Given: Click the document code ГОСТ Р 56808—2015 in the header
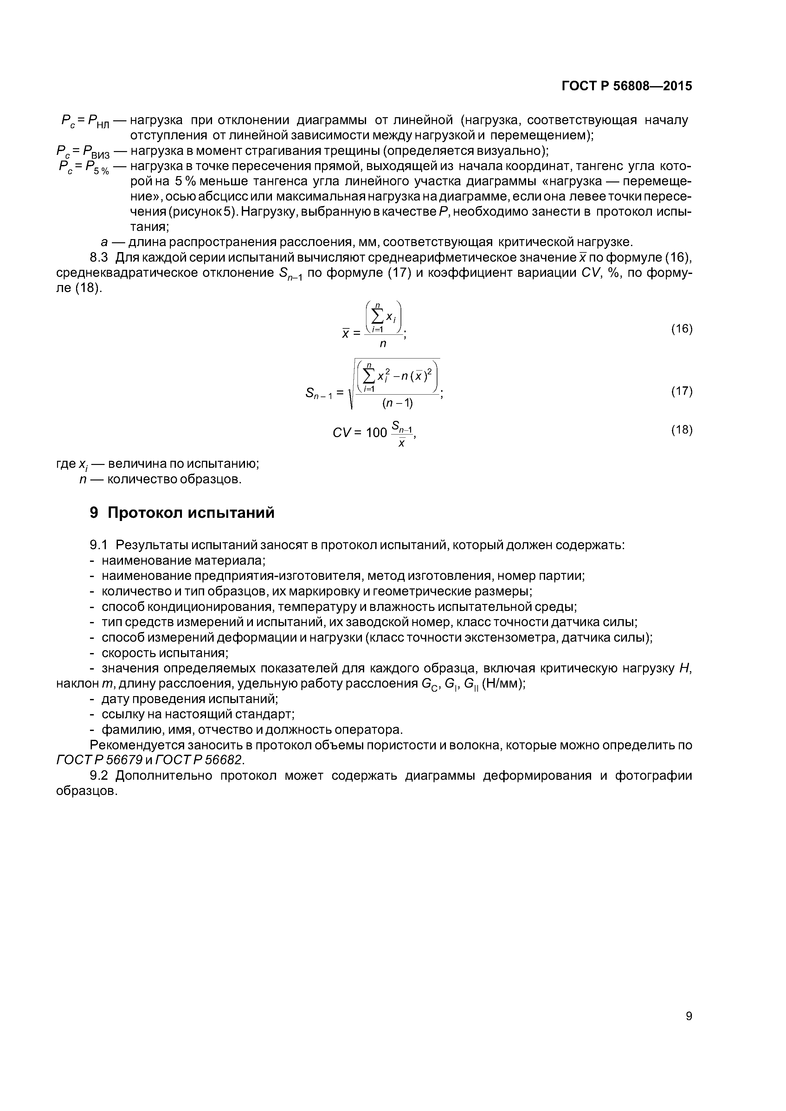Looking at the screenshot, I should tap(627, 86).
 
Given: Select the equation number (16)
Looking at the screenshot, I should tap(681, 329).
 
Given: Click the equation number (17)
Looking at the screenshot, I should tap(681, 391).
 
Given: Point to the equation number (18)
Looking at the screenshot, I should tap(681, 430).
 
